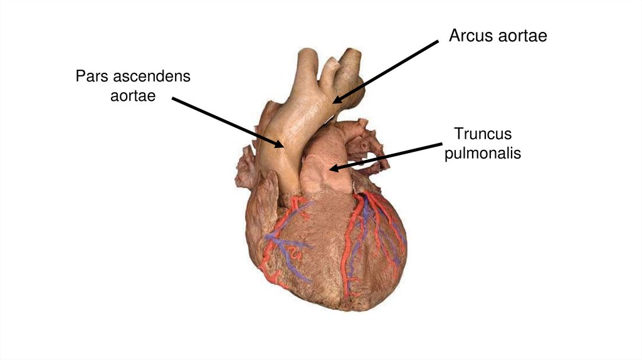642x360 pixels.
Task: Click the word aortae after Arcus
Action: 522,36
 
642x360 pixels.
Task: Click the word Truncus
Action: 483,134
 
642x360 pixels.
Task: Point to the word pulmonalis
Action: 483,152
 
